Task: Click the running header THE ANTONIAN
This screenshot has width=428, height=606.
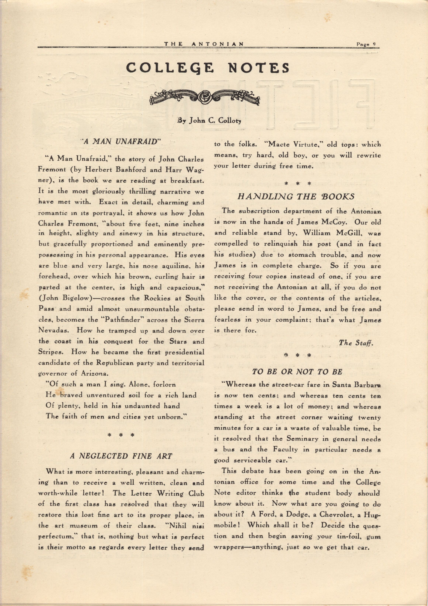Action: coord(204,44)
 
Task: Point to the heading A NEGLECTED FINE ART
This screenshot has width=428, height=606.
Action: coord(121,456)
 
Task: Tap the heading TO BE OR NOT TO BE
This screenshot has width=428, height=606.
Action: coord(297,372)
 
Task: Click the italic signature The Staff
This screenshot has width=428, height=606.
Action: coord(356,343)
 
